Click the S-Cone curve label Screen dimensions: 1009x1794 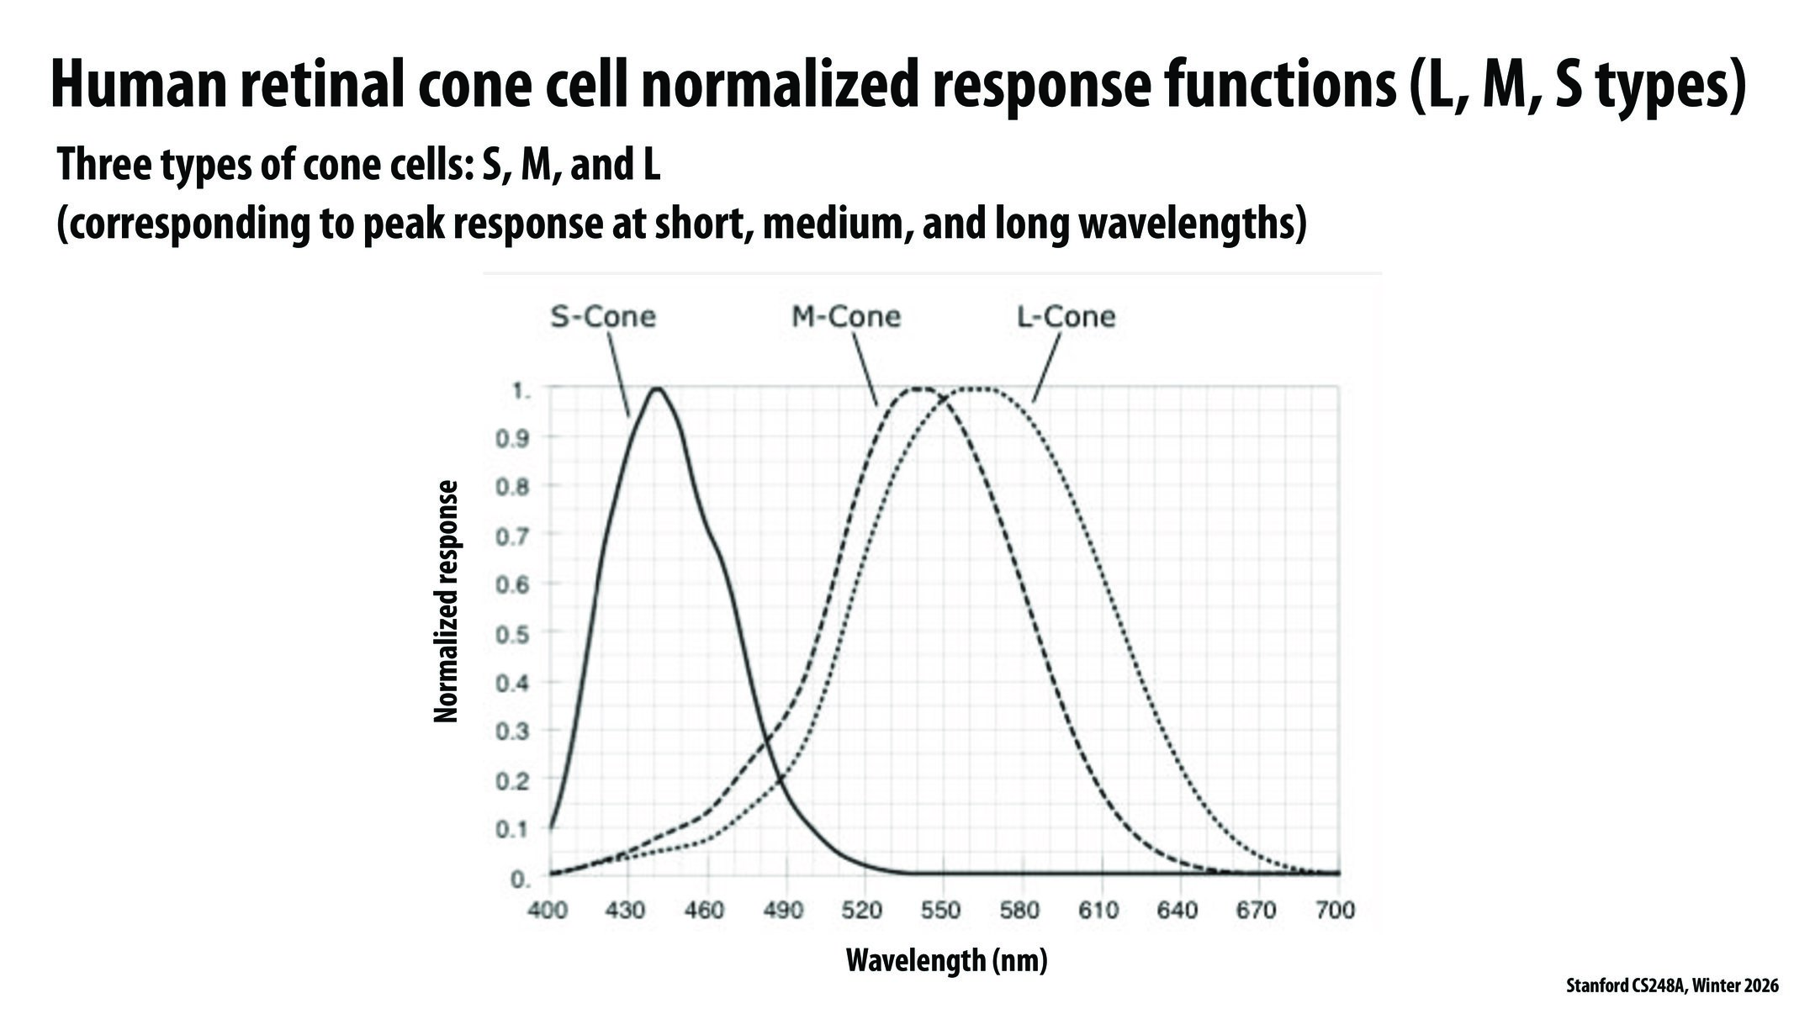pos(602,317)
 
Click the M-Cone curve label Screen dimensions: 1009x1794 pos(845,317)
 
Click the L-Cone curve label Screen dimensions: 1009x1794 pos(1066,317)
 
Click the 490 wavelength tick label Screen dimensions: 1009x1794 pos(783,911)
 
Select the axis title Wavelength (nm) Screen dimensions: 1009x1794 pos(946,959)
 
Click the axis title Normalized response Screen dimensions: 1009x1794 pos(447,601)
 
